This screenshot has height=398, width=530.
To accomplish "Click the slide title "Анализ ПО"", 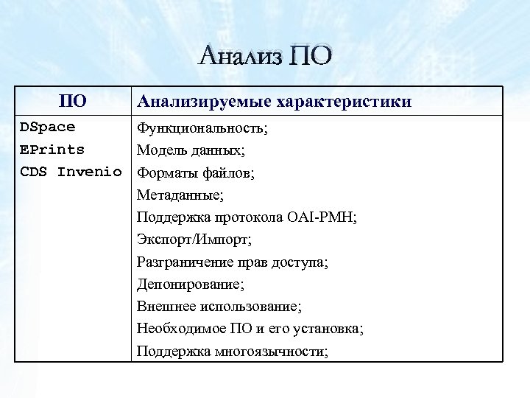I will [x=265, y=56].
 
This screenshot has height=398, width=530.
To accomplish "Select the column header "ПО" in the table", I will [x=73, y=101].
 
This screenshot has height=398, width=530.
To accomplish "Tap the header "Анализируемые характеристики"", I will [x=274, y=101].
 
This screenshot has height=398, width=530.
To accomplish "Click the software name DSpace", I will [x=47, y=127].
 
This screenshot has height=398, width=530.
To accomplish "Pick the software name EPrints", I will [x=52, y=150].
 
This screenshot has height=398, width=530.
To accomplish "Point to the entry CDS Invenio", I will [x=71, y=172].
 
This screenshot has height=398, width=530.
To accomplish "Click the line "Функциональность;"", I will [x=202, y=128].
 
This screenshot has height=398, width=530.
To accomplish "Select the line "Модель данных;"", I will [x=191, y=150].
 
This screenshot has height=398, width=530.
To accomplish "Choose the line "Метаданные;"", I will [x=180, y=195].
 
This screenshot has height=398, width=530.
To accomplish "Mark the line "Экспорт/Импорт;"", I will [x=194, y=240].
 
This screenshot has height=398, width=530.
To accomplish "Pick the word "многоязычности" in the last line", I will [x=279, y=351].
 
